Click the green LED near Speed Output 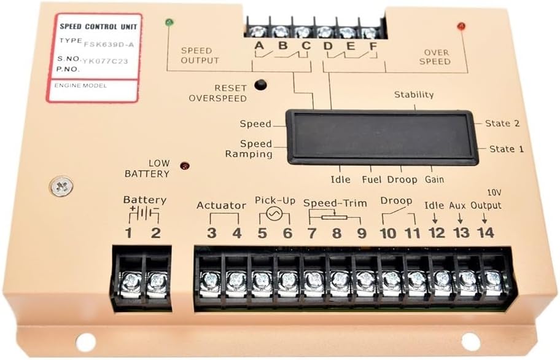click(x=169, y=23)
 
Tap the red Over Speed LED click(x=461, y=26)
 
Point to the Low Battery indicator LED click(x=185, y=166)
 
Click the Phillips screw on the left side click(x=61, y=186)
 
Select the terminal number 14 click(x=485, y=233)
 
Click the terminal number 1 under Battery click(x=128, y=233)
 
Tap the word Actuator click(x=221, y=205)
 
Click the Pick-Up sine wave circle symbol click(x=274, y=214)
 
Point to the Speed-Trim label click(x=335, y=203)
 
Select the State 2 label click(x=502, y=123)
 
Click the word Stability click(x=414, y=95)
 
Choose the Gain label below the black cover click(x=434, y=179)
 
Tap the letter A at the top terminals click(x=259, y=45)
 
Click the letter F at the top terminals click(x=373, y=47)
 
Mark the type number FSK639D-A click(x=109, y=45)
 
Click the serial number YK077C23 click(x=106, y=61)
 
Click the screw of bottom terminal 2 click(x=156, y=281)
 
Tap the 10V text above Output click(x=494, y=193)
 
